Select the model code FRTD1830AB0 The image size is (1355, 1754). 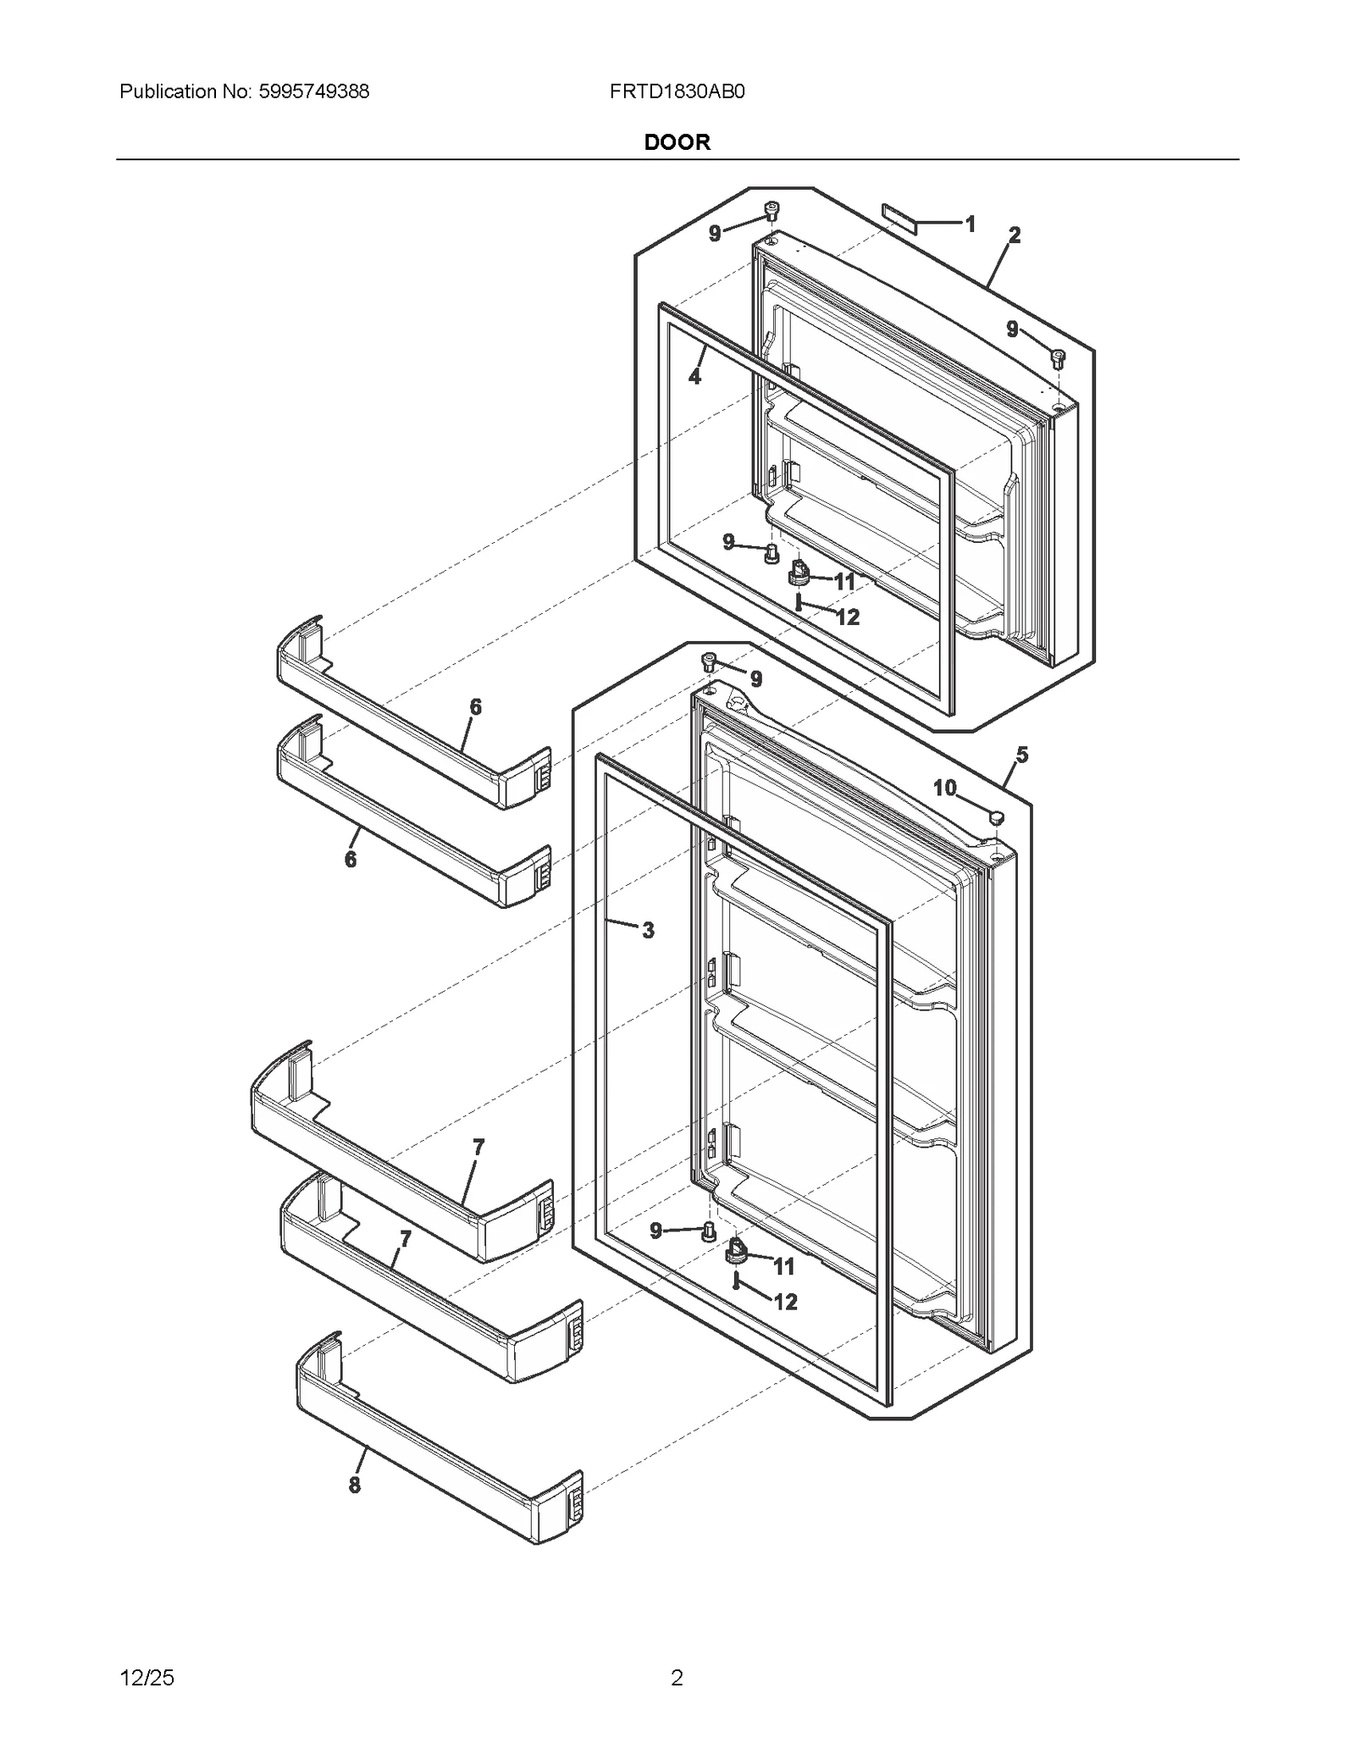(677, 91)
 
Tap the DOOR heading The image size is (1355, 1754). (677, 142)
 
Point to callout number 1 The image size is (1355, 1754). (971, 224)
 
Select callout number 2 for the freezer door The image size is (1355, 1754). (1015, 235)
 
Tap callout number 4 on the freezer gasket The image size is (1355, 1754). (695, 377)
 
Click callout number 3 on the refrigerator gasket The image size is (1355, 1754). (648, 931)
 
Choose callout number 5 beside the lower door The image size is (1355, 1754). (1022, 755)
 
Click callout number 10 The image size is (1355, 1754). (944, 788)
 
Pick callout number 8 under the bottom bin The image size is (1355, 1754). (355, 1485)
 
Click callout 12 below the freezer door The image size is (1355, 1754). (847, 617)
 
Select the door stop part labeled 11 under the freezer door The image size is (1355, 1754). (798, 573)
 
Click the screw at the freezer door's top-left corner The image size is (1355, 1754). (772, 209)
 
